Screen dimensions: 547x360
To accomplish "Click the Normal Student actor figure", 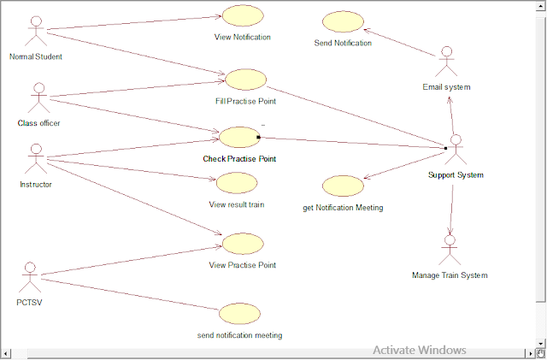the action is tap(36, 31).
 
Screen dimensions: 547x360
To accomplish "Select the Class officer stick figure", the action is tap(39, 97).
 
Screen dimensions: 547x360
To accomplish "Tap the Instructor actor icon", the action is tap(36, 159).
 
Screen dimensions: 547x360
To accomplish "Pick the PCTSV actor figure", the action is tap(30, 278).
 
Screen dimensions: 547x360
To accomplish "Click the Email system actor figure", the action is tap(446, 62).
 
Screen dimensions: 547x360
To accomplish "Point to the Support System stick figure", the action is tap(456, 150).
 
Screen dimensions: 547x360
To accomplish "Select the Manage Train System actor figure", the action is tap(450, 250).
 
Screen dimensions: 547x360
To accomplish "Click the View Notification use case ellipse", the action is tap(243, 15).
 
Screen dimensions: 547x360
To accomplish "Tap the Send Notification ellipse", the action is tap(343, 21).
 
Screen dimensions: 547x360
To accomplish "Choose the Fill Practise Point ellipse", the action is tap(245, 80).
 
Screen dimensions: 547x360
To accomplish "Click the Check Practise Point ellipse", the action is tap(239, 137).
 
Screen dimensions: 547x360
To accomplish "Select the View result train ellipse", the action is tap(237, 183).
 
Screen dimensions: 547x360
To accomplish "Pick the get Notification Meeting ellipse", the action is tap(343, 186).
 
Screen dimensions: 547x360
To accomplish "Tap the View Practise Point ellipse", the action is tap(243, 244).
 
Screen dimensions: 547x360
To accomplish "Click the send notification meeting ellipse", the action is tap(239, 314).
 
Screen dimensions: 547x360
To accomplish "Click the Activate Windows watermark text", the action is tap(420, 350).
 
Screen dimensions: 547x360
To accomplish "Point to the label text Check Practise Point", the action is tap(239, 159).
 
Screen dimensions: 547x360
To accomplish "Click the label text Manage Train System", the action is tap(450, 275).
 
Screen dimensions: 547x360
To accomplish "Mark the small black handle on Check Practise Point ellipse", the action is tap(258, 138).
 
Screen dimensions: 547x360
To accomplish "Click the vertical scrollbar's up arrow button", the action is tap(540, 6).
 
